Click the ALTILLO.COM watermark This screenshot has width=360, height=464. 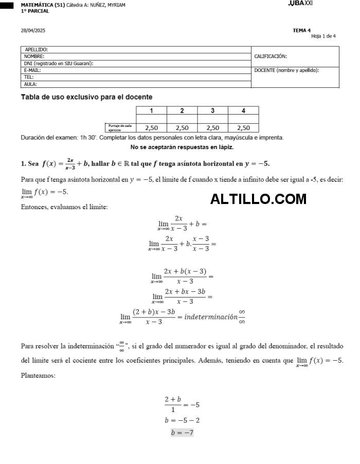tap(258, 199)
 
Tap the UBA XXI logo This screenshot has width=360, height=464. tap(301, 4)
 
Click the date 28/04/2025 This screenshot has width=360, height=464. tap(33, 31)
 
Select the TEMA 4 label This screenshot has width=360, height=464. tap(301, 30)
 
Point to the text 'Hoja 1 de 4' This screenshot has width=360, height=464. tap(323, 36)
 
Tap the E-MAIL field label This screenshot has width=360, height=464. tap(32, 70)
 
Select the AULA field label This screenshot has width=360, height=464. tap(30, 84)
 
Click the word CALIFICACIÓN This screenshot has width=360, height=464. tap(271, 57)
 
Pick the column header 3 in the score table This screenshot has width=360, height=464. tap(212, 110)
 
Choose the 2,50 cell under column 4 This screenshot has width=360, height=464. tap(243, 128)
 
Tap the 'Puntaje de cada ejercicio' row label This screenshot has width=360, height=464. tap(120, 128)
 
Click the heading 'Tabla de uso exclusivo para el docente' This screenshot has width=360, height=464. tap(86, 97)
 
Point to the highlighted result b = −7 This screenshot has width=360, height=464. tap(182, 433)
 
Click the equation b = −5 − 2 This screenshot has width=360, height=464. tap(182, 420)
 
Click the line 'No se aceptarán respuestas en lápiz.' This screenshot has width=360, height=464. tap(182, 147)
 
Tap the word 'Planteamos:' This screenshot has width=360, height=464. tap(38, 376)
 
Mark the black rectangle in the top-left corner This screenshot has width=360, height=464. tap(7, 5)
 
